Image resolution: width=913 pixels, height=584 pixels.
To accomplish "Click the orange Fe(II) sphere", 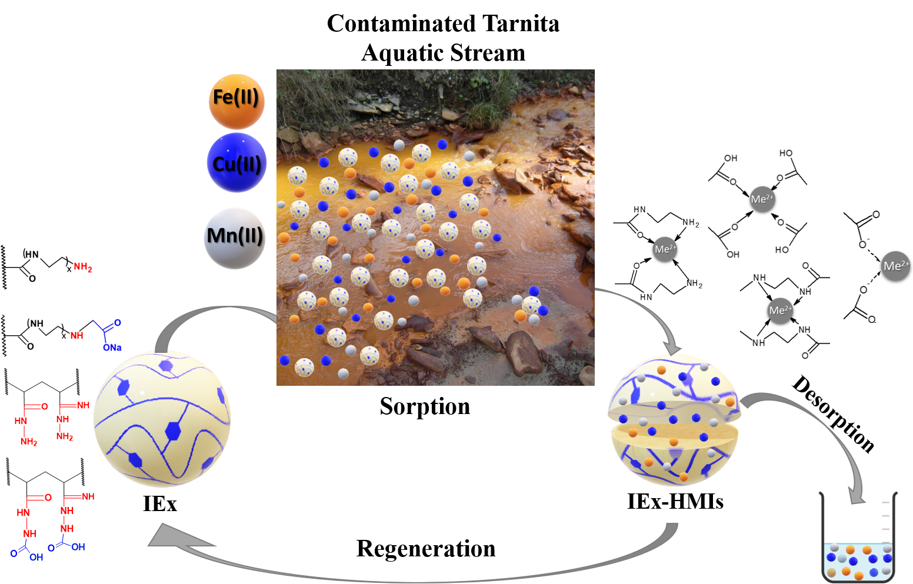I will pos(236,102).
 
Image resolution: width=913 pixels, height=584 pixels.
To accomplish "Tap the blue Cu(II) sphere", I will pos(236,163).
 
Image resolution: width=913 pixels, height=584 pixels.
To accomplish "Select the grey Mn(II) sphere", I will pos(235,238).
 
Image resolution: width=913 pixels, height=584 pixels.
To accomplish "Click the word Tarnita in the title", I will pos(521,24).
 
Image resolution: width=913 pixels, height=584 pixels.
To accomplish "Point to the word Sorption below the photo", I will pos(425,406).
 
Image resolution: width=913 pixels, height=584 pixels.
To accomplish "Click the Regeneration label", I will pos(426,549).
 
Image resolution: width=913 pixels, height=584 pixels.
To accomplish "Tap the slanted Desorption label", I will pos(834,414).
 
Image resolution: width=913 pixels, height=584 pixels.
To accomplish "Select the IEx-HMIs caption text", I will pos(675,502).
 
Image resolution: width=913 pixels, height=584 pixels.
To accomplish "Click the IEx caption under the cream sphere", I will pos(160,504).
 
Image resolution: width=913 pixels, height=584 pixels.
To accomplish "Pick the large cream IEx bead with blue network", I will pos(162,419).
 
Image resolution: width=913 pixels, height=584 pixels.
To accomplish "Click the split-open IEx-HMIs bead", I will pos(674,421).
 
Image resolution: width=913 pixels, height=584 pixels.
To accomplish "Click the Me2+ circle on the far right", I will pos(895,266).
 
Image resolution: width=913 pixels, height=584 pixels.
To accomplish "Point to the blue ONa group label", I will pos(112,348).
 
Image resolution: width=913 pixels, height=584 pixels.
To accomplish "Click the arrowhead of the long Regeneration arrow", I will pos(165,537).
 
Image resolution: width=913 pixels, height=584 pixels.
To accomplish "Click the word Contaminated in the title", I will pos(401,24).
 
